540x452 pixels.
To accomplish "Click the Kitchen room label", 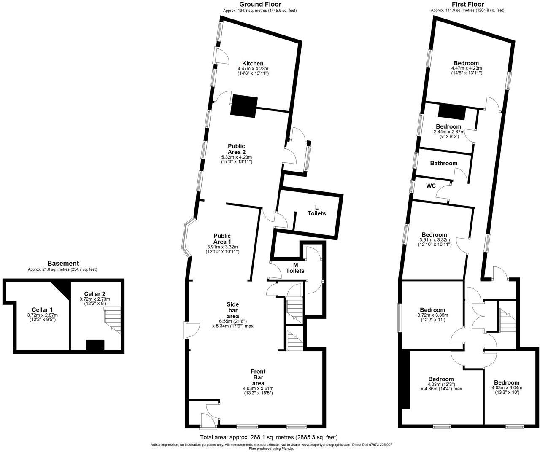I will (x=253, y=64).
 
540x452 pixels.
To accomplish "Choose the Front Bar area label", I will (x=258, y=377).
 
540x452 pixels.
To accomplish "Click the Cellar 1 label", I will (x=42, y=309).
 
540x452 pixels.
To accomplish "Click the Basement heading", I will (x=63, y=264).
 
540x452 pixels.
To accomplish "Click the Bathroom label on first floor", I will (x=443, y=163).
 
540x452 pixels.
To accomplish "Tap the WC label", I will (x=431, y=186).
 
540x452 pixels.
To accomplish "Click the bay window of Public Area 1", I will (x=186, y=238).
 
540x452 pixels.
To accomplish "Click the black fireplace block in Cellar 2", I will (x=95, y=345).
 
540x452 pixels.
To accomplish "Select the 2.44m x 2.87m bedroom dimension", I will (x=448, y=132).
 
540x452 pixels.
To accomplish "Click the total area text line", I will (x=268, y=437).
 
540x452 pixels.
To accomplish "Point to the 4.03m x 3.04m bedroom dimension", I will (x=507, y=388).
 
